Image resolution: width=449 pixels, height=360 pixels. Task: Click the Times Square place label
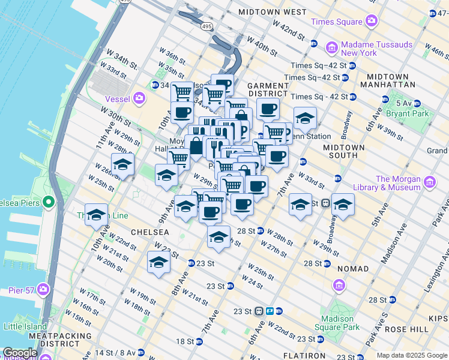click(336, 22)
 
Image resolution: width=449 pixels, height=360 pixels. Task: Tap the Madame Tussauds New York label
click(359, 49)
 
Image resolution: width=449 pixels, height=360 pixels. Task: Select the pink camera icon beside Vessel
click(139, 97)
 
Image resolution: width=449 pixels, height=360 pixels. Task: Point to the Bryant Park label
click(429, 113)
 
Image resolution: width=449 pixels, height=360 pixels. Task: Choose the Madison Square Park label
click(340, 323)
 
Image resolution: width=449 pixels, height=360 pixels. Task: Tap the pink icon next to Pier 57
click(43, 290)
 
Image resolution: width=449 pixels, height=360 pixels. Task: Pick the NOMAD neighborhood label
click(353, 269)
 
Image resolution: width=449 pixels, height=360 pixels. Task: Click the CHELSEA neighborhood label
click(148, 232)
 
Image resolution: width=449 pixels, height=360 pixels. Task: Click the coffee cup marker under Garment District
click(268, 109)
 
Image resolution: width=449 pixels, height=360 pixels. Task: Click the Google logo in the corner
click(20, 353)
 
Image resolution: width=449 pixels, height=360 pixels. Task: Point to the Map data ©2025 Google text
click(411, 355)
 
